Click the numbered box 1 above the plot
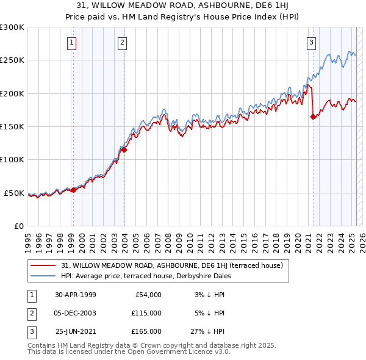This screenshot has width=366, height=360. click(x=72, y=42)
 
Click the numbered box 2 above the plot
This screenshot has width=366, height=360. click(x=123, y=42)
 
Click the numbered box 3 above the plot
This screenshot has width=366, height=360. click(x=311, y=42)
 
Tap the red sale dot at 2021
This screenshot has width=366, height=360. click(x=313, y=117)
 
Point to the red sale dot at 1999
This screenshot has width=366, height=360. click(x=73, y=190)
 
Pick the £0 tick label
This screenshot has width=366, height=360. click(x=19, y=226)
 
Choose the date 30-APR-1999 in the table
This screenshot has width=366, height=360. click(x=75, y=294)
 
